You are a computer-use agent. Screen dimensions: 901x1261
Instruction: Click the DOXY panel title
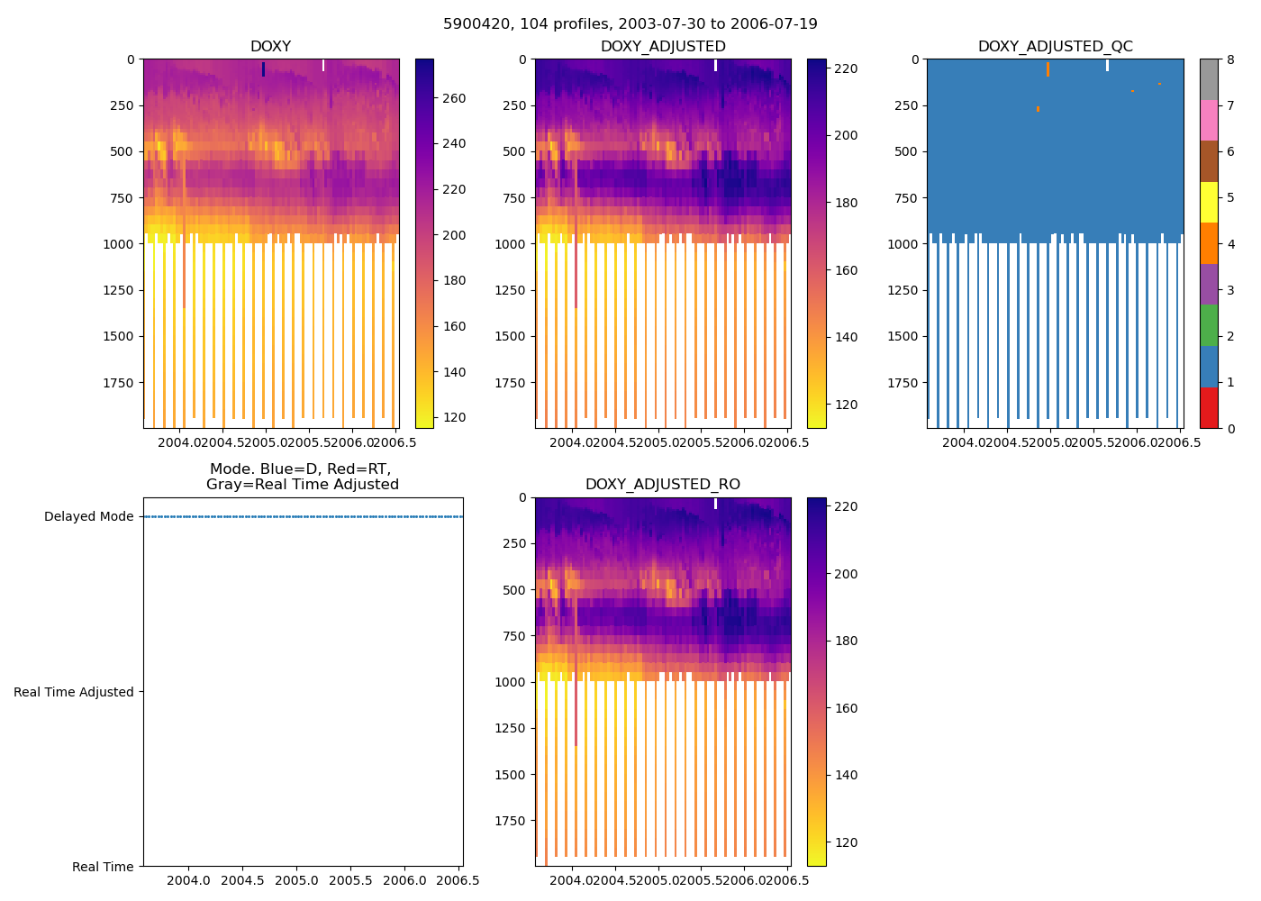(x=270, y=47)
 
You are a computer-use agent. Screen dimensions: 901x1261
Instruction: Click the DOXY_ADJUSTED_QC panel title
(x=1055, y=47)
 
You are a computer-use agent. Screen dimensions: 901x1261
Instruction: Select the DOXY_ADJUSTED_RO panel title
(x=663, y=485)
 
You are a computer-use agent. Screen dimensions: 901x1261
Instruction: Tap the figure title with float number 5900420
(x=630, y=24)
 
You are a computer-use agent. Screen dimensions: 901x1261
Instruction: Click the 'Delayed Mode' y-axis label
(x=88, y=517)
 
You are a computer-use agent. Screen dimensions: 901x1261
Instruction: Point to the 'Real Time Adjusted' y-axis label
(x=74, y=692)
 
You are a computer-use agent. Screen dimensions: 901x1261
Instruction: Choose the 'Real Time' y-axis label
(x=103, y=867)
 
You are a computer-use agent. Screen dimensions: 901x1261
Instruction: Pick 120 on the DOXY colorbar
(x=454, y=418)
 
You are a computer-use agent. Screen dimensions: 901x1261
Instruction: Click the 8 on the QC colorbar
(x=1229, y=59)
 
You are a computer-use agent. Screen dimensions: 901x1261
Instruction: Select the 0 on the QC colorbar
(x=1229, y=429)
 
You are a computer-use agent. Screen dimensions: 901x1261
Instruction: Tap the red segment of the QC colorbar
(x=1209, y=408)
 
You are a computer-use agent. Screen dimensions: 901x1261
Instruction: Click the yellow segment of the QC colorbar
(x=1209, y=203)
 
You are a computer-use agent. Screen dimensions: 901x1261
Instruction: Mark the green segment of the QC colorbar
(x=1209, y=325)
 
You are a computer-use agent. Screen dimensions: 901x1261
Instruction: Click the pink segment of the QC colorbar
(x=1209, y=121)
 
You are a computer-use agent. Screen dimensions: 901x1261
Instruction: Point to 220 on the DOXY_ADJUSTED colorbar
(x=846, y=69)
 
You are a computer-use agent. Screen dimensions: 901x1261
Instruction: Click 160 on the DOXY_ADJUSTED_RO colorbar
(x=846, y=708)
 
